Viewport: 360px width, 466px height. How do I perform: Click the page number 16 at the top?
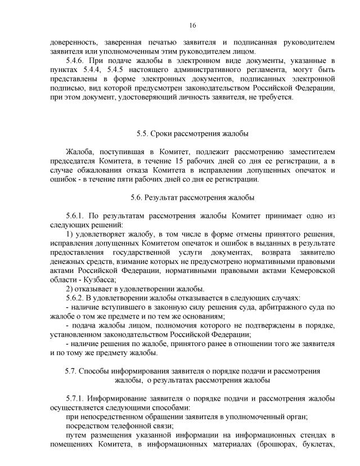[x=192, y=26]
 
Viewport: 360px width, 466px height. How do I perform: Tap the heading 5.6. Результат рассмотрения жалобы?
[x=192, y=198]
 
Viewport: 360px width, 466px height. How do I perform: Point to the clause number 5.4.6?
[x=76, y=60]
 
